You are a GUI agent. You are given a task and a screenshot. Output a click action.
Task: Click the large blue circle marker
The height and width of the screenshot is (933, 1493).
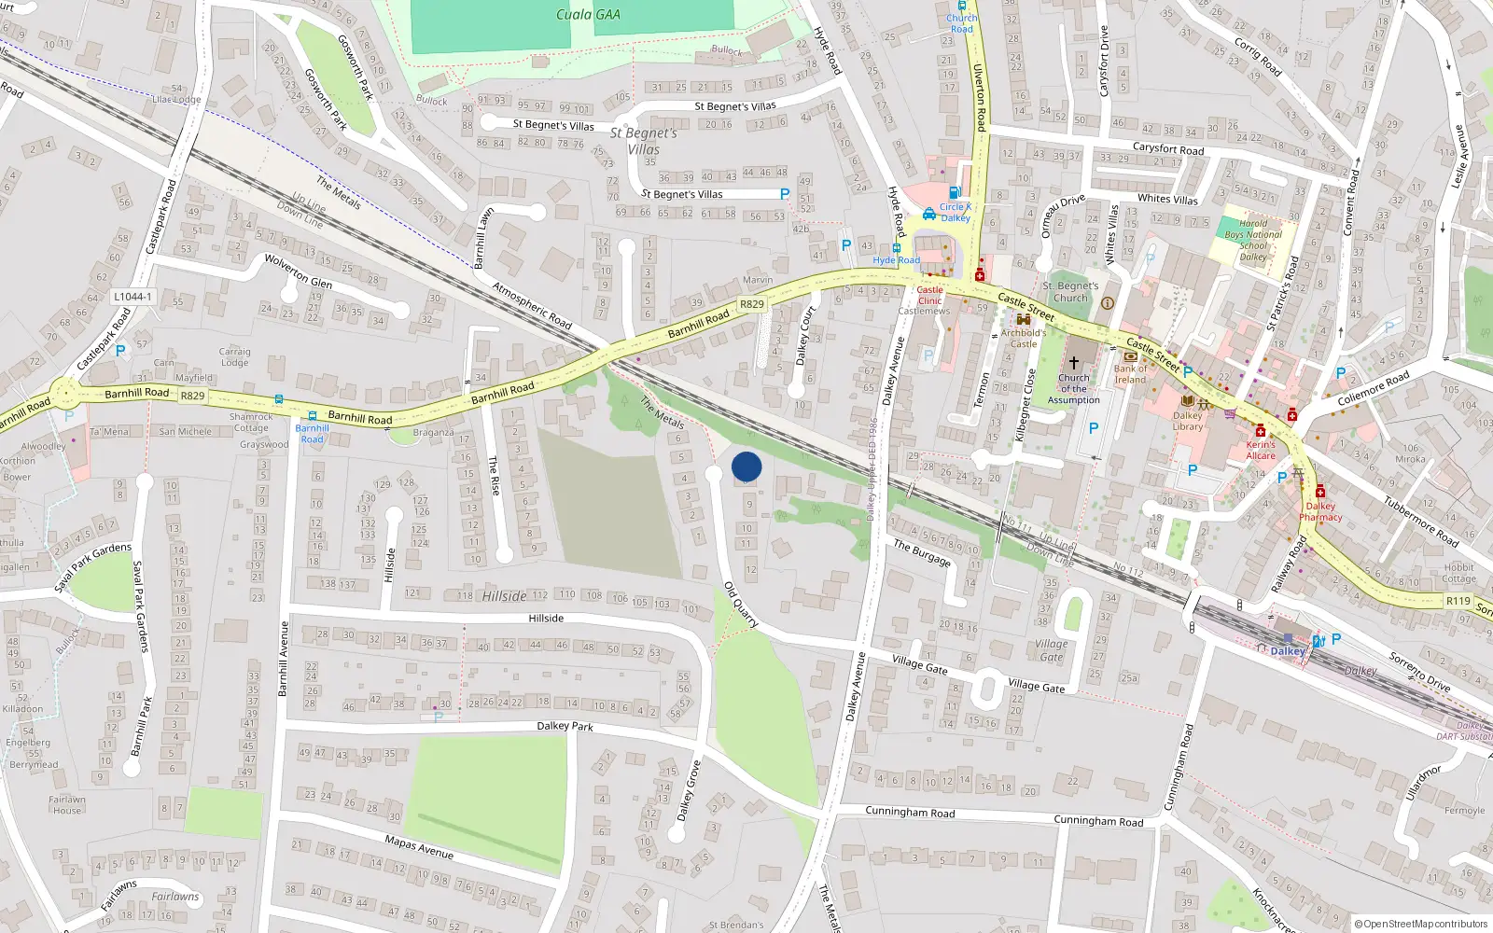coord(746,466)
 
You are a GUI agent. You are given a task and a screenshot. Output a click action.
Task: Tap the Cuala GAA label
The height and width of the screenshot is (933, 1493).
coord(588,14)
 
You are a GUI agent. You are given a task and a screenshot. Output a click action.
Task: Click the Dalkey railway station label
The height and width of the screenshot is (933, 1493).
coord(1287,651)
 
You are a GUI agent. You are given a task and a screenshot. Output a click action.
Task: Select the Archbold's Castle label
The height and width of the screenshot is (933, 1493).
coord(1024,338)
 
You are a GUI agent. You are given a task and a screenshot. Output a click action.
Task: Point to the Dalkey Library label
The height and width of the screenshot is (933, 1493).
coord(1188,421)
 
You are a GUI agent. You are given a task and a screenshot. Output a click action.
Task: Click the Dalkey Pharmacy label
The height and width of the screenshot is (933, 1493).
coord(1320,511)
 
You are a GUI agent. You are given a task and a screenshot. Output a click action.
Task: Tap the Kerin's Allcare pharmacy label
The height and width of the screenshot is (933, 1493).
coord(1261,450)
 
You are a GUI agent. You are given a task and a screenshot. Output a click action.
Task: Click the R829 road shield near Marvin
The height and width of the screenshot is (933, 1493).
coord(751,304)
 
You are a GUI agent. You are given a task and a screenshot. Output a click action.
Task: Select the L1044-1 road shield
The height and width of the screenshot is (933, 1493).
coord(133,297)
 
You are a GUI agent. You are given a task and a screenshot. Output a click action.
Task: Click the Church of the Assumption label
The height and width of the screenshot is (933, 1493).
coord(1073,389)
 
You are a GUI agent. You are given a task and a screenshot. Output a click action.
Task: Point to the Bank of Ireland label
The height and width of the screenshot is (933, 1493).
coord(1130,374)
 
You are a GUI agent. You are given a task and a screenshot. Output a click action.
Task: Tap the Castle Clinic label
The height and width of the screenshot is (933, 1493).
coord(929,295)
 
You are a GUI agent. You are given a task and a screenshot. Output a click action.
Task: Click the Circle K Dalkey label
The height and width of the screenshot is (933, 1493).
coord(956,213)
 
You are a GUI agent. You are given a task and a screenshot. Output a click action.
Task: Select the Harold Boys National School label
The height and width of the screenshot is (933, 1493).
coord(1253,240)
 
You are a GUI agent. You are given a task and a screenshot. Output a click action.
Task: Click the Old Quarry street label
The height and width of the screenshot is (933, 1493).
coord(741,605)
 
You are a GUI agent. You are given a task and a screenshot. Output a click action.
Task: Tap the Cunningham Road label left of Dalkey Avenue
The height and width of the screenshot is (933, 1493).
coord(910,812)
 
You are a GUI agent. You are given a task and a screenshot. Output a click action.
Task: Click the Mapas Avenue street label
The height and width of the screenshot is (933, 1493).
coord(419,847)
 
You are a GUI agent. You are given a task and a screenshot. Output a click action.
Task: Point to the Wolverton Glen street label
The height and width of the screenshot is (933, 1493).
coord(298,271)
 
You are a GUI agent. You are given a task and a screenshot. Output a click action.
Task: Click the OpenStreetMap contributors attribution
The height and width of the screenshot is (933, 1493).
coord(1420,924)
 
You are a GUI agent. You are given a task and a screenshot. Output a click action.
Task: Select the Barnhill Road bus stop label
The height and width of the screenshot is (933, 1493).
coord(312,434)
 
